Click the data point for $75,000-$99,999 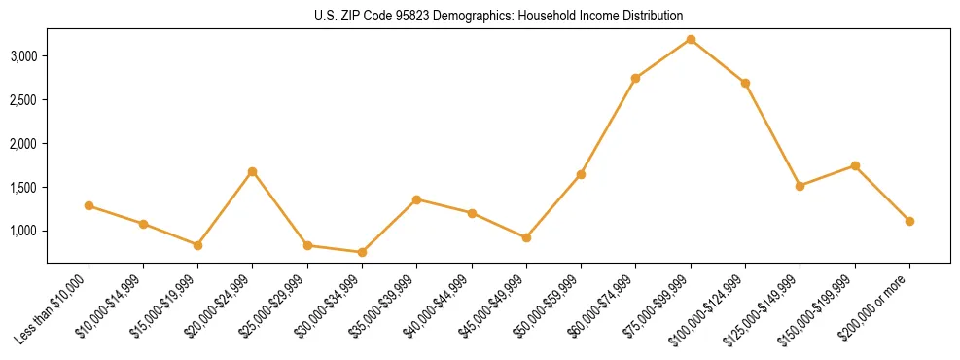[x=691, y=39]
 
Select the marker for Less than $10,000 [x=89, y=205]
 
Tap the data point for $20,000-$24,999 [x=253, y=171]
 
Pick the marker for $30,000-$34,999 [x=362, y=252]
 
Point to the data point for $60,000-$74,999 [x=635, y=78]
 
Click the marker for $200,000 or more [x=909, y=221]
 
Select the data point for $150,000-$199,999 [x=855, y=165]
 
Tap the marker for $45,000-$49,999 [x=526, y=237]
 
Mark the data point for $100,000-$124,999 [x=745, y=83]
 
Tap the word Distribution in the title [x=654, y=17]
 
